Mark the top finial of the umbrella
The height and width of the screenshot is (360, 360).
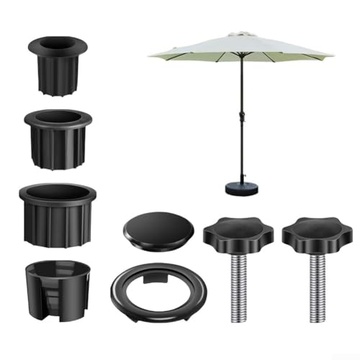[240, 32]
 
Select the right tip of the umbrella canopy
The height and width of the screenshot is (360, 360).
[332, 56]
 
